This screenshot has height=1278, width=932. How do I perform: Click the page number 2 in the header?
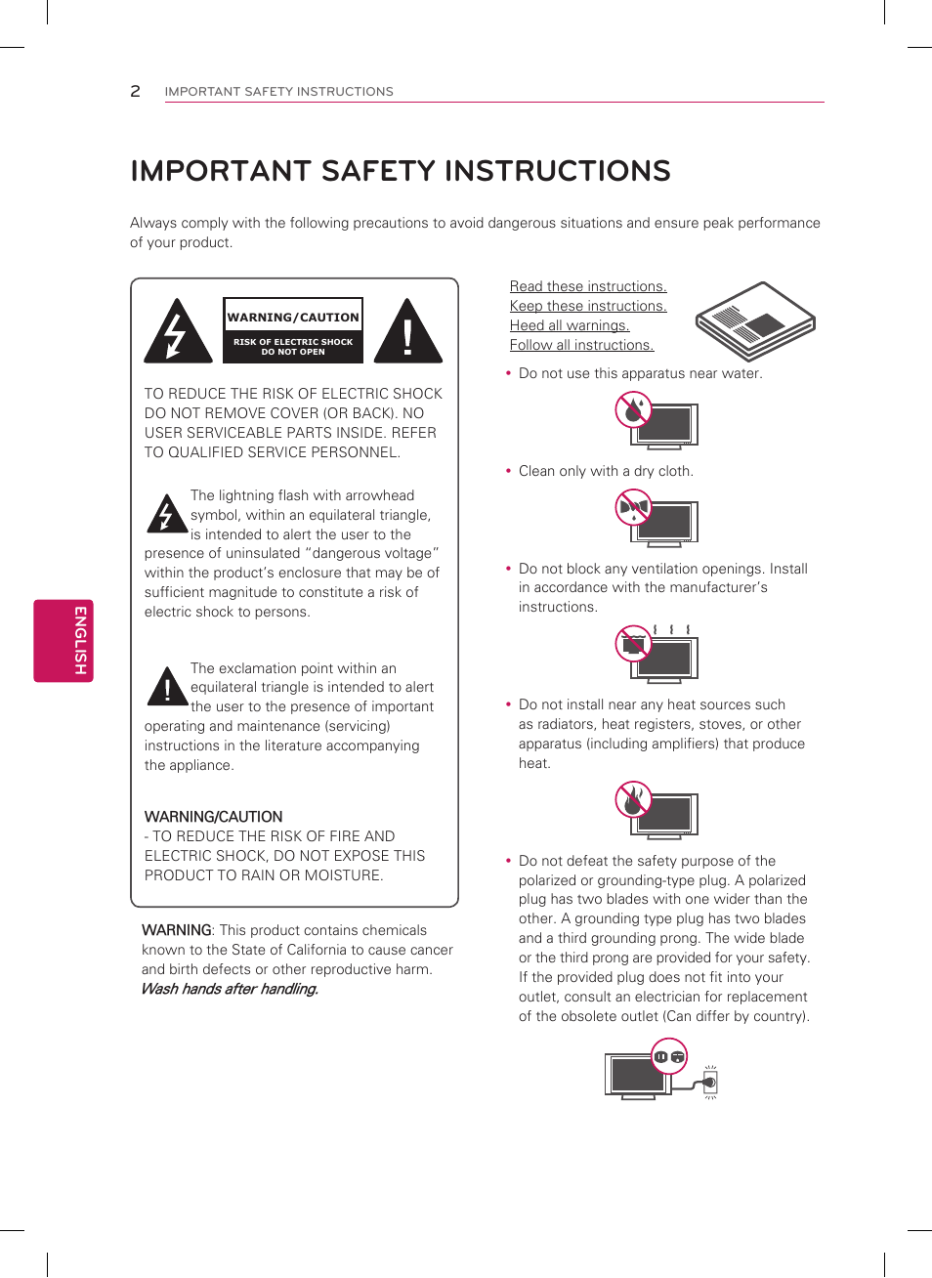click(135, 91)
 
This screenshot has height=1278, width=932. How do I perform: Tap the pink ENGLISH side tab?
click(64, 640)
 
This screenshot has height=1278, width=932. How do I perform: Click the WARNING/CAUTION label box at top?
click(293, 317)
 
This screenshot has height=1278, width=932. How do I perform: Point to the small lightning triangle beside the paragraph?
click(166, 514)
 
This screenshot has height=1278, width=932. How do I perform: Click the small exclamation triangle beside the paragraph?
click(167, 687)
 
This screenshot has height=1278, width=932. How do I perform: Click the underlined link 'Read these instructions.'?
click(587, 286)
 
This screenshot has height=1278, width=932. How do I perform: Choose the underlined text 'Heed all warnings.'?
click(569, 325)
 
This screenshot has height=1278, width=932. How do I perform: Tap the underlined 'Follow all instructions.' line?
click(581, 345)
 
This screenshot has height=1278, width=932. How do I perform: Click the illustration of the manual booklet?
click(754, 320)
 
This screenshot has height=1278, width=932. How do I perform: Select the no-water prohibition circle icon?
click(633, 409)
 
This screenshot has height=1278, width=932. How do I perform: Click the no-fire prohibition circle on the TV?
click(633, 799)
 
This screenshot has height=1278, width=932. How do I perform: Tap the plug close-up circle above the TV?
click(669, 1056)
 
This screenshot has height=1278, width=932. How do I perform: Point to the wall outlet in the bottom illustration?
click(710, 1082)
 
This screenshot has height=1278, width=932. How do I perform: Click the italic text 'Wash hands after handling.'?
click(230, 989)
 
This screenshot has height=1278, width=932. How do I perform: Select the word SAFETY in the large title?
click(377, 171)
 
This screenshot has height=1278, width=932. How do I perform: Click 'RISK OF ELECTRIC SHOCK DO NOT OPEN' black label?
click(293, 347)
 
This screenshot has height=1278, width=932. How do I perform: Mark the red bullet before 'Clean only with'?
click(508, 471)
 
